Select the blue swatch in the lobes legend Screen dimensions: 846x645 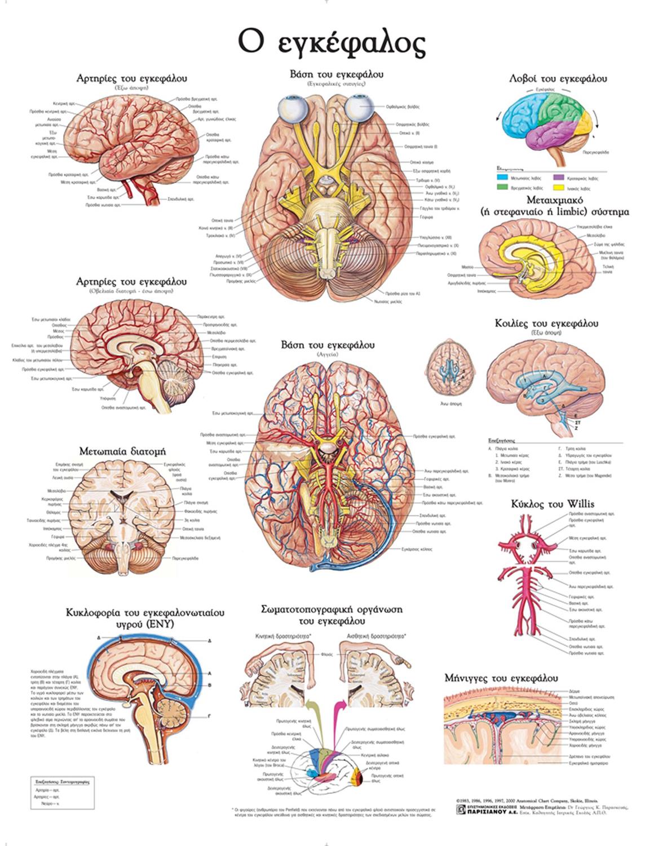point(502,178)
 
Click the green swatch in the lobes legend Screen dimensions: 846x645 point(502,187)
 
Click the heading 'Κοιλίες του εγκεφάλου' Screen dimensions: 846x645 point(546,324)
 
